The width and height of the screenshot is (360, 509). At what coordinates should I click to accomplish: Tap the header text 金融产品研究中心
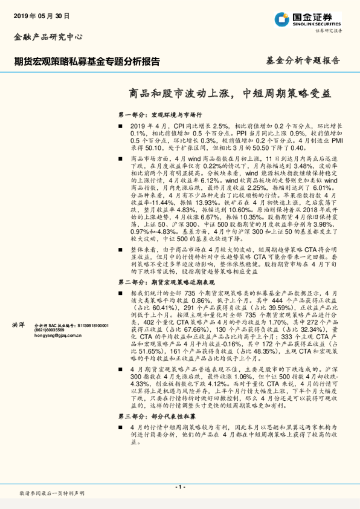click(48, 37)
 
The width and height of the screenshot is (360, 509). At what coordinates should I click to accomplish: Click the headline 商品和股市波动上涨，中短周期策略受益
click(231, 93)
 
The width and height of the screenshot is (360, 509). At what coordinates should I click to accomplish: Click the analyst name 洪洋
click(19, 325)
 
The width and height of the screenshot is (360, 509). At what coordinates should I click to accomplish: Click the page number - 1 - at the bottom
click(179, 485)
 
